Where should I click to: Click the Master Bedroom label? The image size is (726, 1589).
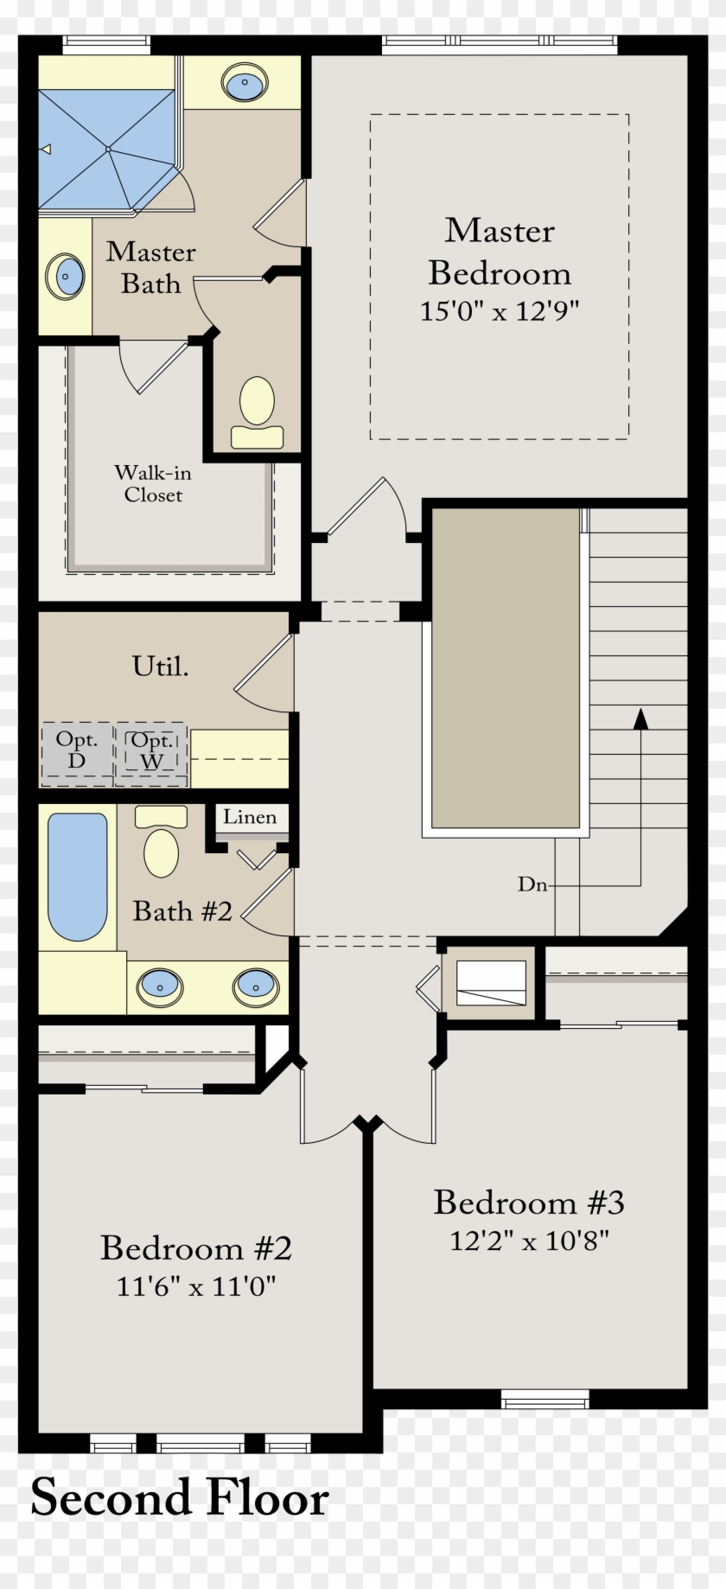(x=500, y=252)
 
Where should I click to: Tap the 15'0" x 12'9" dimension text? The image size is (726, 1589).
(x=499, y=310)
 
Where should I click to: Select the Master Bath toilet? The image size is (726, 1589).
(x=257, y=412)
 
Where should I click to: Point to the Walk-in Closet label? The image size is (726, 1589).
(x=153, y=483)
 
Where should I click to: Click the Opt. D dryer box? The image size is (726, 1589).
(x=77, y=751)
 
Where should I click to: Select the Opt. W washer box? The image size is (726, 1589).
(x=151, y=751)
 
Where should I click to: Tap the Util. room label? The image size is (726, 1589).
(x=160, y=666)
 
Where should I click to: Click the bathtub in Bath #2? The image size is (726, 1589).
(x=78, y=876)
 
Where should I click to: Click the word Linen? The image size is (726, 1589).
(x=250, y=817)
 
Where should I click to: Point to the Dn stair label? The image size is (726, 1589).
(x=532, y=884)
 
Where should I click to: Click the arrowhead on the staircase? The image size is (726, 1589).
(x=640, y=718)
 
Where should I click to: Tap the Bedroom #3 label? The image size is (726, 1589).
(x=528, y=1202)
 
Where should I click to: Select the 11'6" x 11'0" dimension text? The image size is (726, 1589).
(x=196, y=1286)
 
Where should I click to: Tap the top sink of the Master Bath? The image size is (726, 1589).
(x=245, y=84)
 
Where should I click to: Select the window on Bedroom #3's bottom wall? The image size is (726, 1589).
(x=544, y=1398)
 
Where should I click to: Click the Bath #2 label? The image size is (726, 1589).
(x=182, y=911)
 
